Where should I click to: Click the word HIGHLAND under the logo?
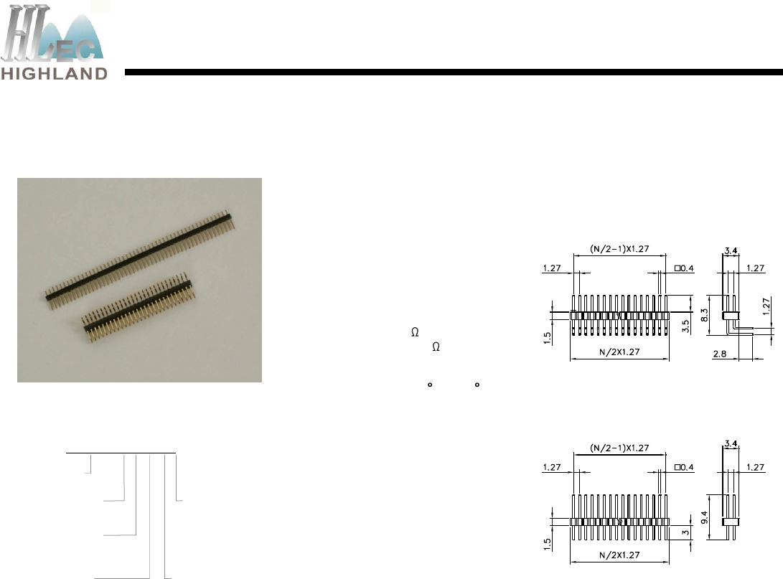coord(54,74)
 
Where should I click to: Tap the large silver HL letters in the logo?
coord(26,34)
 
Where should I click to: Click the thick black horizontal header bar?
coord(454,72)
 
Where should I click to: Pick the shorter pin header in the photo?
coord(139,307)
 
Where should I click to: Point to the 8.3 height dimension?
coord(704,315)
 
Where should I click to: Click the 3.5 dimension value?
coord(685,326)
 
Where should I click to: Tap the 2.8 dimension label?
coord(720,354)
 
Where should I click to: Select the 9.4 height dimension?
coord(704,517)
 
